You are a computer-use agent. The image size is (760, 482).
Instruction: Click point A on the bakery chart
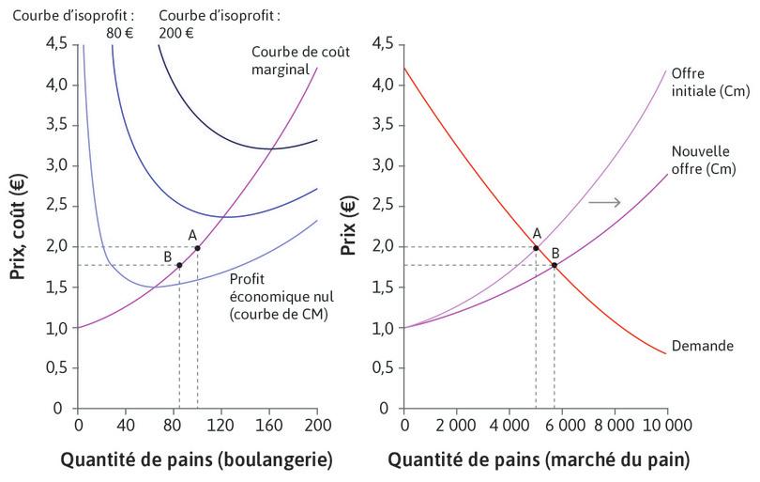tap(197, 248)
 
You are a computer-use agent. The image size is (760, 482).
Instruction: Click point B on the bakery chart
tap(179, 265)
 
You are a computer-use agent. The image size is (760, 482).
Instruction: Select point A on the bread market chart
tap(536, 248)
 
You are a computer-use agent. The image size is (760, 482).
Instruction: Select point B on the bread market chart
tap(555, 265)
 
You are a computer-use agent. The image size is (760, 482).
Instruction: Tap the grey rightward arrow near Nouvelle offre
tap(600, 202)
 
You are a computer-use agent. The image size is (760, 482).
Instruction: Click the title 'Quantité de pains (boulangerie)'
tap(196, 460)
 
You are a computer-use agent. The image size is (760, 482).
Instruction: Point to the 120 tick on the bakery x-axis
tap(221, 425)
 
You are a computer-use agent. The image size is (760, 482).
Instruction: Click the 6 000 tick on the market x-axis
tap(562, 425)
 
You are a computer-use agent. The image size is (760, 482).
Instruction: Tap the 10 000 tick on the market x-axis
tap(666, 425)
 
